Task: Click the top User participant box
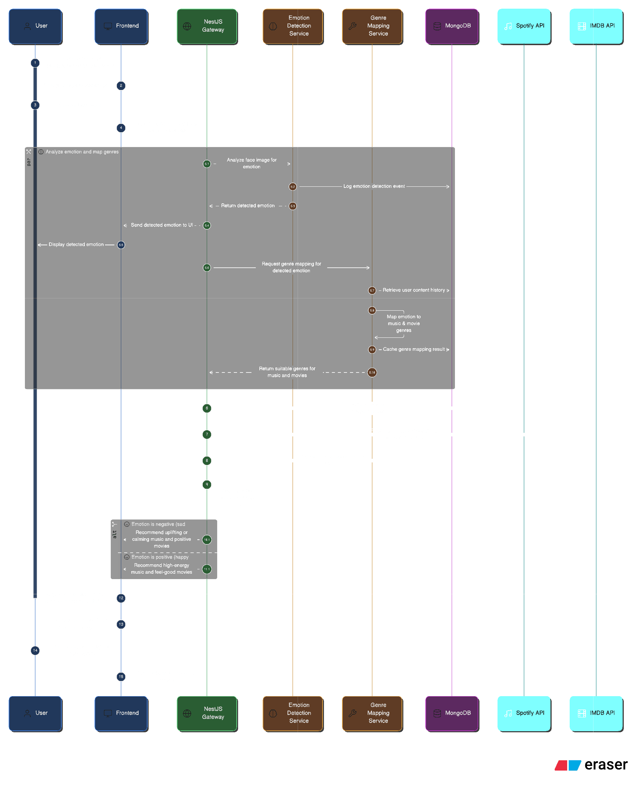(35, 26)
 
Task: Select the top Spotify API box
(523, 26)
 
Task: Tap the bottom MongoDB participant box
(451, 713)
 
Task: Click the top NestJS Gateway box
(206, 26)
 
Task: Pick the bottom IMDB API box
(596, 713)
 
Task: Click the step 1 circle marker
(35, 63)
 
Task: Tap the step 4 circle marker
(121, 128)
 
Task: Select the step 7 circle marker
(207, 434)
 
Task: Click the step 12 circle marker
(121, 598)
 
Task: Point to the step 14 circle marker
(35, 650)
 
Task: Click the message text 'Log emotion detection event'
(374, 186)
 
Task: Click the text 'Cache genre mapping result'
(413, 349)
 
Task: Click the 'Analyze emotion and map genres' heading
(82, 152)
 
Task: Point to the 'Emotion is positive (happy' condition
(160, 557)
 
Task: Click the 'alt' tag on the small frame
(114, 534)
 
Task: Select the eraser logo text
(605, 764)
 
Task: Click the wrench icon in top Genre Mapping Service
(352, 26)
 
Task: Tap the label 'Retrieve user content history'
(413, 290)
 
